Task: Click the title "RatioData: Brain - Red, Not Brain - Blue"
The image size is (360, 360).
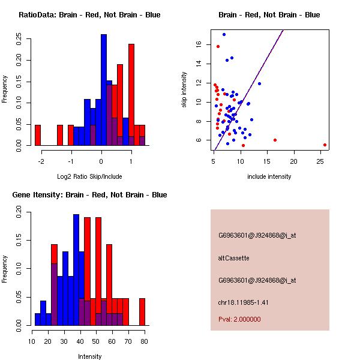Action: pyautogui.click(x=89, y=15)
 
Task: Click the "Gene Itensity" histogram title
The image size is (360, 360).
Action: pyautogui.click(x=89, y=195)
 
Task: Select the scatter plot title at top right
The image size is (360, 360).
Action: pyautogui.click(x=269, y=15)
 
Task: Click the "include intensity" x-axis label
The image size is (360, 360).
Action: pyautogui.click(x=269, y=176)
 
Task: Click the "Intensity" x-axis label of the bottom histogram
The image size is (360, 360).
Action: pyautogui.click(x=89, y=356)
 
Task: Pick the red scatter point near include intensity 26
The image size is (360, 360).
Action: pyautogui.click(x=325, y=145)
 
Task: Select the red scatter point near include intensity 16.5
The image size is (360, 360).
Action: pyautogui.click(x=275, y=140)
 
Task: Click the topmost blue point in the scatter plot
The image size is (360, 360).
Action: pyautogui.click(x=224, y=34)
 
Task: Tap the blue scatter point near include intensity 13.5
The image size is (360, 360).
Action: pyautogui.click(x=259, y=83)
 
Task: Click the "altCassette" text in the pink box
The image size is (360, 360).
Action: pyautogui.click(x=233, y=258)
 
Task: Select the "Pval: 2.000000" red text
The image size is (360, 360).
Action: pyautogui.click(x=239, y=319)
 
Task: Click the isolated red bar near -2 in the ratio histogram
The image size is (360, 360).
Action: pyautogui.click(x=38, y=135)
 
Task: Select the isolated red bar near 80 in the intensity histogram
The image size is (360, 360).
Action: pyautogui.click(x=142, y=312)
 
